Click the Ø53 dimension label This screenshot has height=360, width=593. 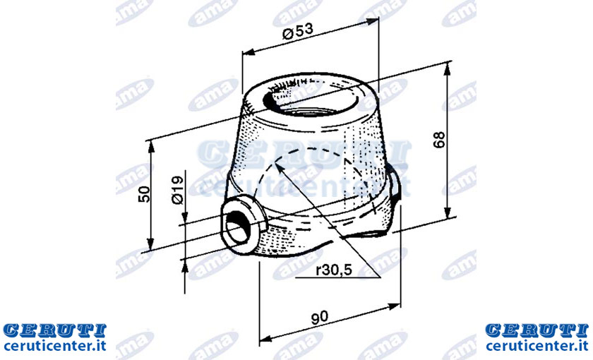tap(298, 31)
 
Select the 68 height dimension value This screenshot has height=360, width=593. tap(439, 140)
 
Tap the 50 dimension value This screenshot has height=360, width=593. tap(144, 194)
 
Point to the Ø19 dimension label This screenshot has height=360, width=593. tap(177, 190)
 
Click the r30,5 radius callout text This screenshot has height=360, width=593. tap(334, 270)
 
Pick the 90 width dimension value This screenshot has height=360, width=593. tap(320, 318)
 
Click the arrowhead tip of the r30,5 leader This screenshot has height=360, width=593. tap(275, 164)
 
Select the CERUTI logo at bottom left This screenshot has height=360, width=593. tap(54, 330)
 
